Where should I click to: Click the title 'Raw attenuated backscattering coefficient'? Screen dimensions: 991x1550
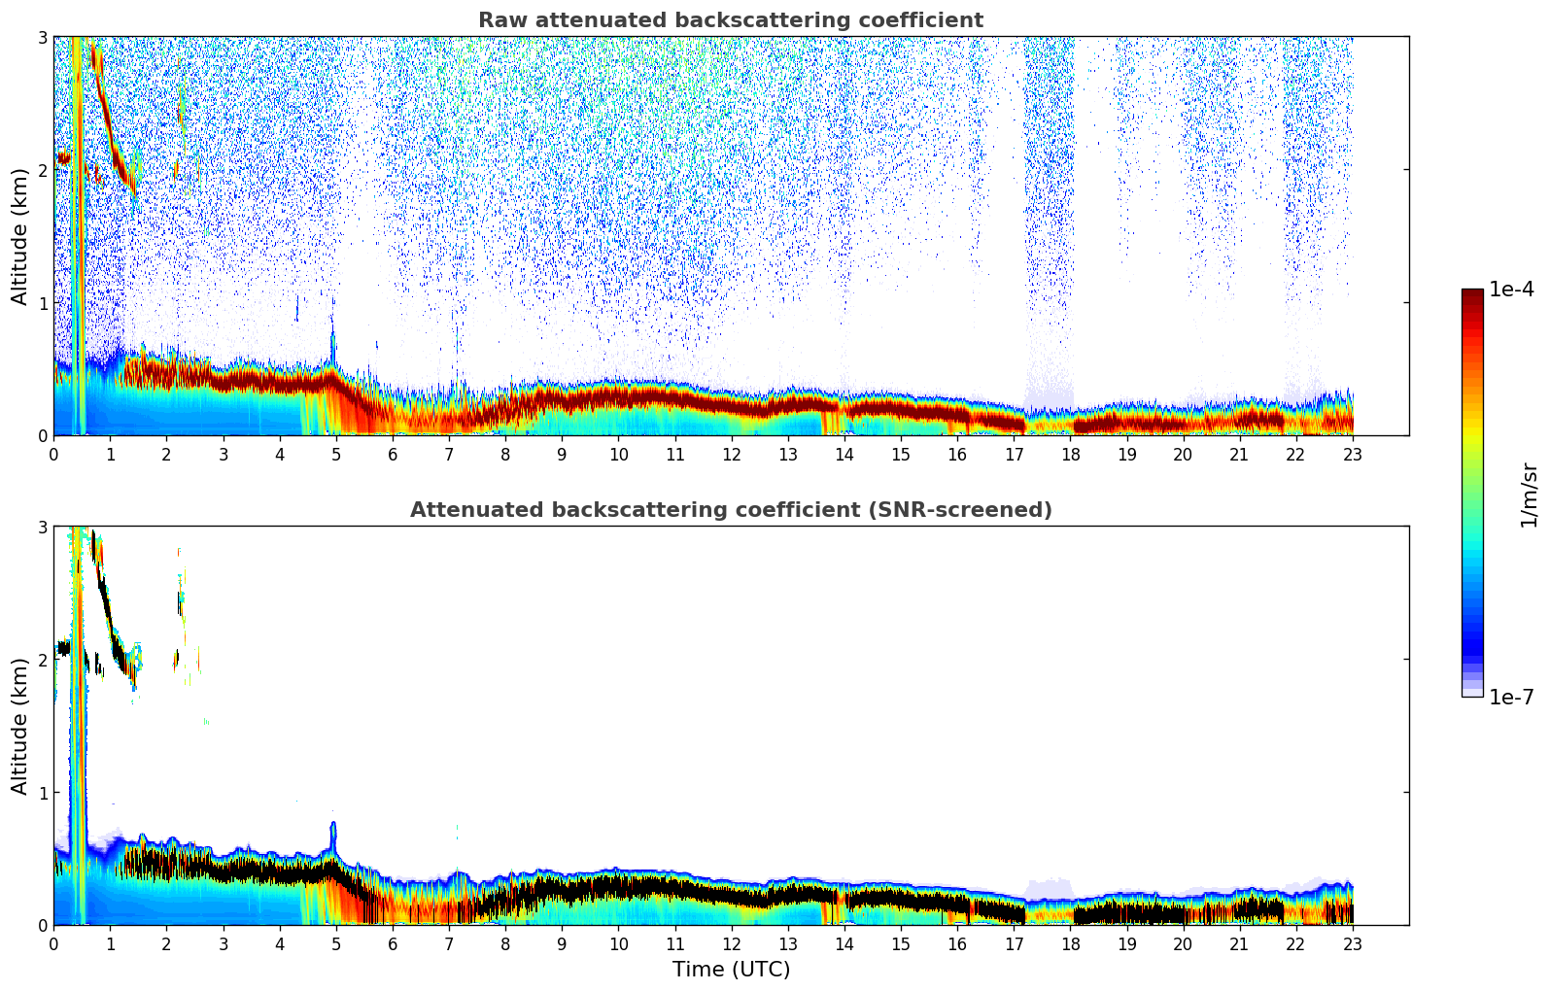pyautogui.click(x=731, y=20)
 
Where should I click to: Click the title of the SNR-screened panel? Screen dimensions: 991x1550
pyautogui.click(x=731, y=510)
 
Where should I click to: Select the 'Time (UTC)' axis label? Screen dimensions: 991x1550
pyautogui.click(x=731, y=970)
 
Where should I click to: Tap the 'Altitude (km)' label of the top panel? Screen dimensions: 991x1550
pyautogui.click(x=19, y=236)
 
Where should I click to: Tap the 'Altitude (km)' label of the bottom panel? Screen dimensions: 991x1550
pyautogui.click(x=19, y=726)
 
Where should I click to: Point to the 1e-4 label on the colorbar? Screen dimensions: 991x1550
pyautogui.click(x=1511, y=290)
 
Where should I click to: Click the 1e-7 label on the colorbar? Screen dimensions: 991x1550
pyautogui.click(x=1511, y=697)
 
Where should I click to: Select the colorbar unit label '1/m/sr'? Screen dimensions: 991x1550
pyautogui.click(x=1529, y=495)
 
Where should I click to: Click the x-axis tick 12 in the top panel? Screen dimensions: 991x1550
pyautogui.click(x=732, y=454)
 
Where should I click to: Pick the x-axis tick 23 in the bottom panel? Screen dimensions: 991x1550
pyautogui.click(x=1353, y=943)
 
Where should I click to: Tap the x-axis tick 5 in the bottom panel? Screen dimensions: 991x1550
pyautogui.click(x=336, y=943)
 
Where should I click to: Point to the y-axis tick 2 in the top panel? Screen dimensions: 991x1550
pyautogui.click(x=42, y=170)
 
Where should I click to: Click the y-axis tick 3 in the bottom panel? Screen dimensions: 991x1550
pyautogui.click(x=42, y=527)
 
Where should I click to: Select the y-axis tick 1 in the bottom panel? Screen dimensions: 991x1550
pyautogui.click(x=42, y=793)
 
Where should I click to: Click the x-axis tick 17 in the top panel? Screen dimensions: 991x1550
pyautogui.click(x=1014, y=454)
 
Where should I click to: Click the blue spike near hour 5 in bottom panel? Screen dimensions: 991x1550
pyautogui.click(x=333, y=834)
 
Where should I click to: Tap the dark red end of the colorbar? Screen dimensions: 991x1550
pyautogui.click(x=1472, y=294)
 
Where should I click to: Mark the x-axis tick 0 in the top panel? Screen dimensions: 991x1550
pyautogui.click(x=53, y=454)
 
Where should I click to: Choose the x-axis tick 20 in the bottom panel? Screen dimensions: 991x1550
pyautogui.click(x=1183, y=943)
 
